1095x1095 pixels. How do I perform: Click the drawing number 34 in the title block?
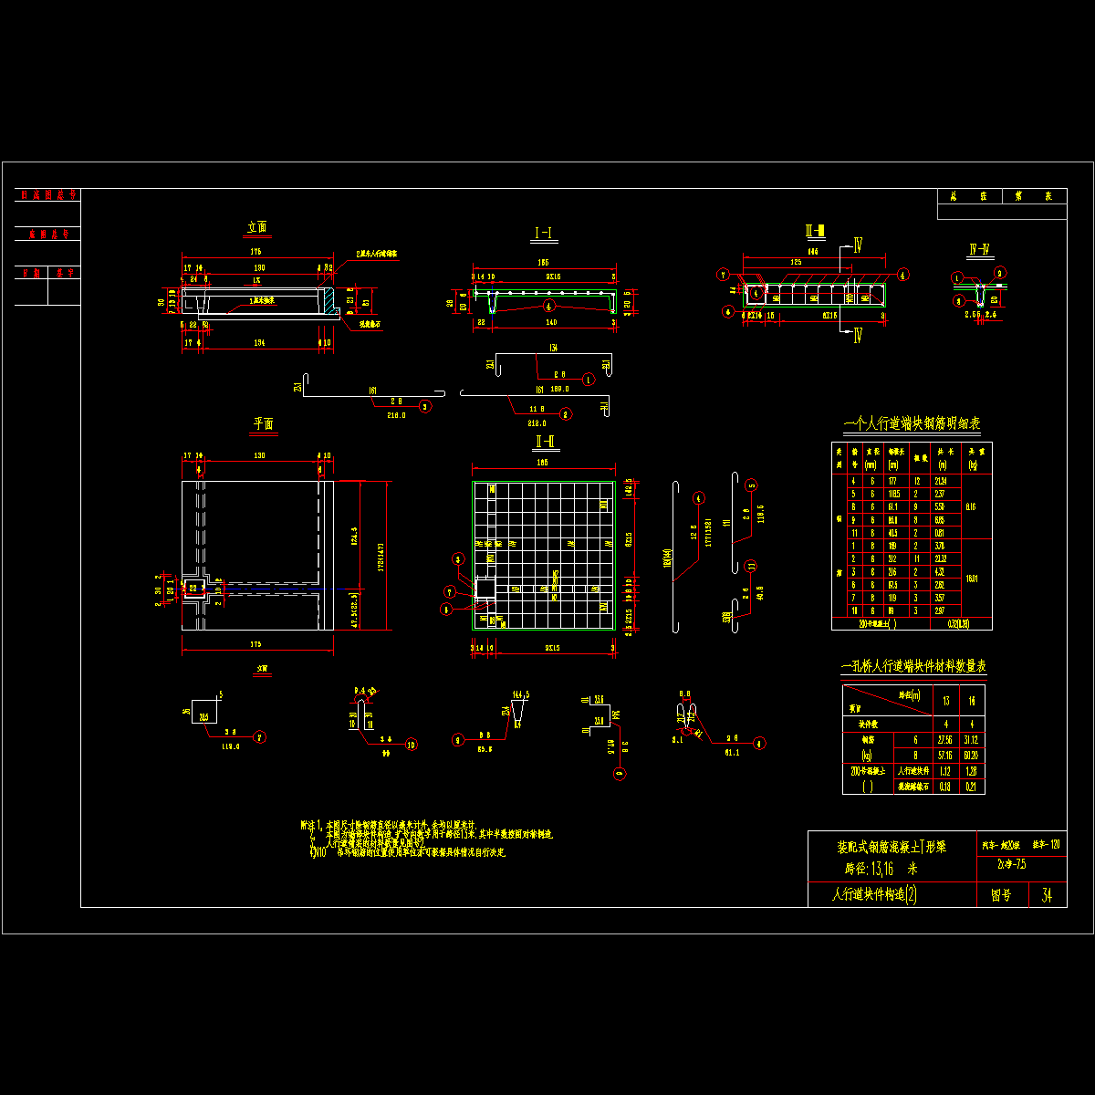1047,895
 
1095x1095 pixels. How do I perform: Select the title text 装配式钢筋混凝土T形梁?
892,846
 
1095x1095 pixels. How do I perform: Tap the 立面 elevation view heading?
257,228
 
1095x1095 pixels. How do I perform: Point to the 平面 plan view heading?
263,423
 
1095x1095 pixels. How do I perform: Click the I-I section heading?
544,235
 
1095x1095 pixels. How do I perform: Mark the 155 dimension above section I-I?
542,263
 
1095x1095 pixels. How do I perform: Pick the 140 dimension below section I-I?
550,322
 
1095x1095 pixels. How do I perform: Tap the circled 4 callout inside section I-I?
548,305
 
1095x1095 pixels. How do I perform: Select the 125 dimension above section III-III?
796,262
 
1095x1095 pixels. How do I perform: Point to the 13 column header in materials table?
945,701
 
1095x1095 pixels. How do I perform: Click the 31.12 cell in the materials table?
972,740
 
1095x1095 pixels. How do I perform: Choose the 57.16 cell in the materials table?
945,756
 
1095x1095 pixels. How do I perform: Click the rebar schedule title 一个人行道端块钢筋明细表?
912,423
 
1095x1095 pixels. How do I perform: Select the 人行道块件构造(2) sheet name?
873,895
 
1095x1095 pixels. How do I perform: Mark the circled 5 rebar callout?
751,485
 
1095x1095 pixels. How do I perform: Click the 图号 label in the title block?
1001,896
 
